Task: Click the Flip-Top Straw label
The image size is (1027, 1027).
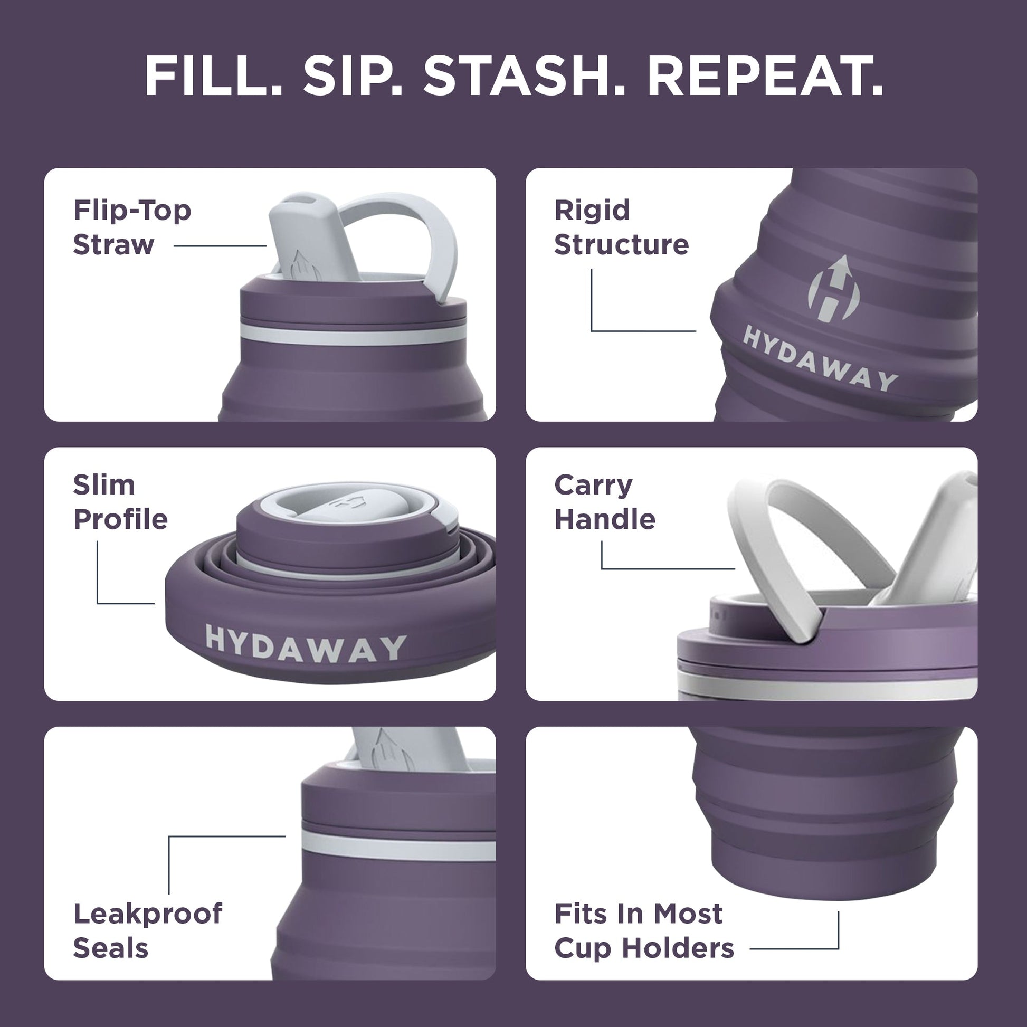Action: (131, 227)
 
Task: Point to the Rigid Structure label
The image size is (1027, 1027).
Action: (621, 227)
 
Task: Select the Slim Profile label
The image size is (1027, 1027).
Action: (120, 502)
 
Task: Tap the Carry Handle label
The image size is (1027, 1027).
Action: (604, 502)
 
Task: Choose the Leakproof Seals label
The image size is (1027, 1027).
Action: (147, 930)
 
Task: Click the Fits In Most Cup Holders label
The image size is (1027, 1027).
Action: (643, 930)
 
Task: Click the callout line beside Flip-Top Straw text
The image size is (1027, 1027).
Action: (220, 245)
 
